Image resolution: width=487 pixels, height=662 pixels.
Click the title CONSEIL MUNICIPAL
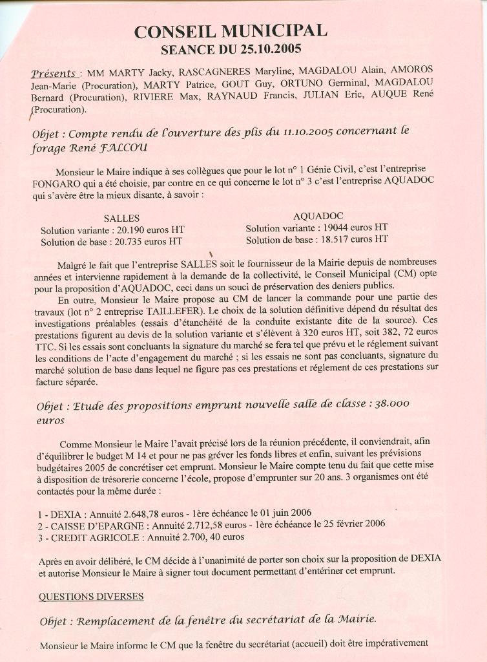pos(231,30)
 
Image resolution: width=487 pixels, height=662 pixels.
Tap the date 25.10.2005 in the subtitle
pos(271,48)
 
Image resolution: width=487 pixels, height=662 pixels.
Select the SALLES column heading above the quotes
pos(121,218)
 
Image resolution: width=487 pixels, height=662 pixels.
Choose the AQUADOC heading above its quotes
pos(318,215)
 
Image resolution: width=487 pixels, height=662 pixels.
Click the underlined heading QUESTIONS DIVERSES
pos(91,596)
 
